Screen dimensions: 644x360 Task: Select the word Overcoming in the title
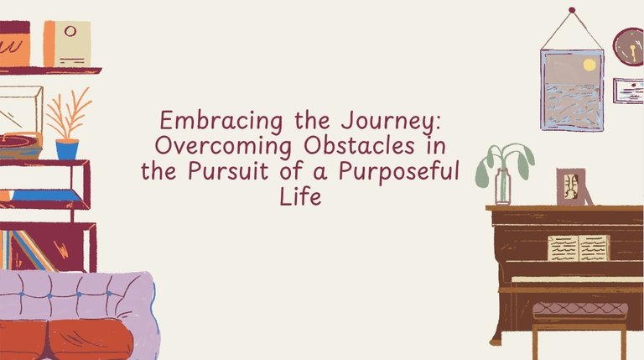223,147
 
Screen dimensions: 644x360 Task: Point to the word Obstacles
360,145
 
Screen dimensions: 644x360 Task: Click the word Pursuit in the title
228,171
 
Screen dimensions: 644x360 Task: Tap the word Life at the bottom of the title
300,196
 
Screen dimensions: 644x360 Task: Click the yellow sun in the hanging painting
589,65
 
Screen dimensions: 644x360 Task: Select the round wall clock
629,47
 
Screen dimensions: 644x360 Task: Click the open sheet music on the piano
579,248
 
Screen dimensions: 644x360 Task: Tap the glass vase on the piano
503,186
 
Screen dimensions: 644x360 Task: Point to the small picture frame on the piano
571,187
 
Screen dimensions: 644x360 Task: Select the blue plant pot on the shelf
67,149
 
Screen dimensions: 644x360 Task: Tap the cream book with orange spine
67,44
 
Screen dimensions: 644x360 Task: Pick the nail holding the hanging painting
572,10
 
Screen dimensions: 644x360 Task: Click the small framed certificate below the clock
628,91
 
